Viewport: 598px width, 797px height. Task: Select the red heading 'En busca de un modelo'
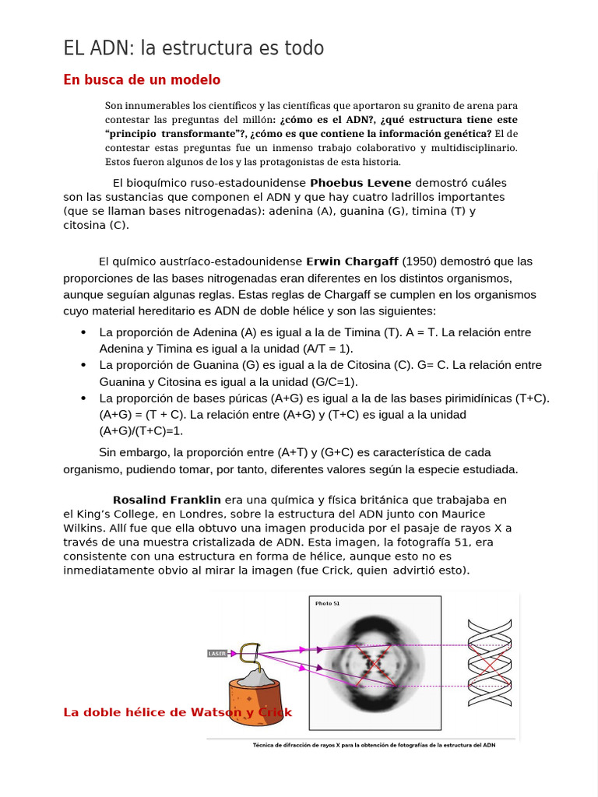[142, 79]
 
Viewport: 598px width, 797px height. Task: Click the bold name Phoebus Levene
[361, 182]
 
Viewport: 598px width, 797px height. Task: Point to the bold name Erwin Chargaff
[352, 261]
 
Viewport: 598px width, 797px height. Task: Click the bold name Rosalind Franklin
[167, 499]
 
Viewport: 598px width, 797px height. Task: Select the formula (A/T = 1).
[322, 349]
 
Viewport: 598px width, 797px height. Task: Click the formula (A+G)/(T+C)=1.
[141, 430]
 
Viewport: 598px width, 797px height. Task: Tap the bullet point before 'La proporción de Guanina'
[83, 365]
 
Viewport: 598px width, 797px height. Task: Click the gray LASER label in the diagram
[217, 653]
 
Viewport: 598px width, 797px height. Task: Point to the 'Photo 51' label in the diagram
[327, 603]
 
